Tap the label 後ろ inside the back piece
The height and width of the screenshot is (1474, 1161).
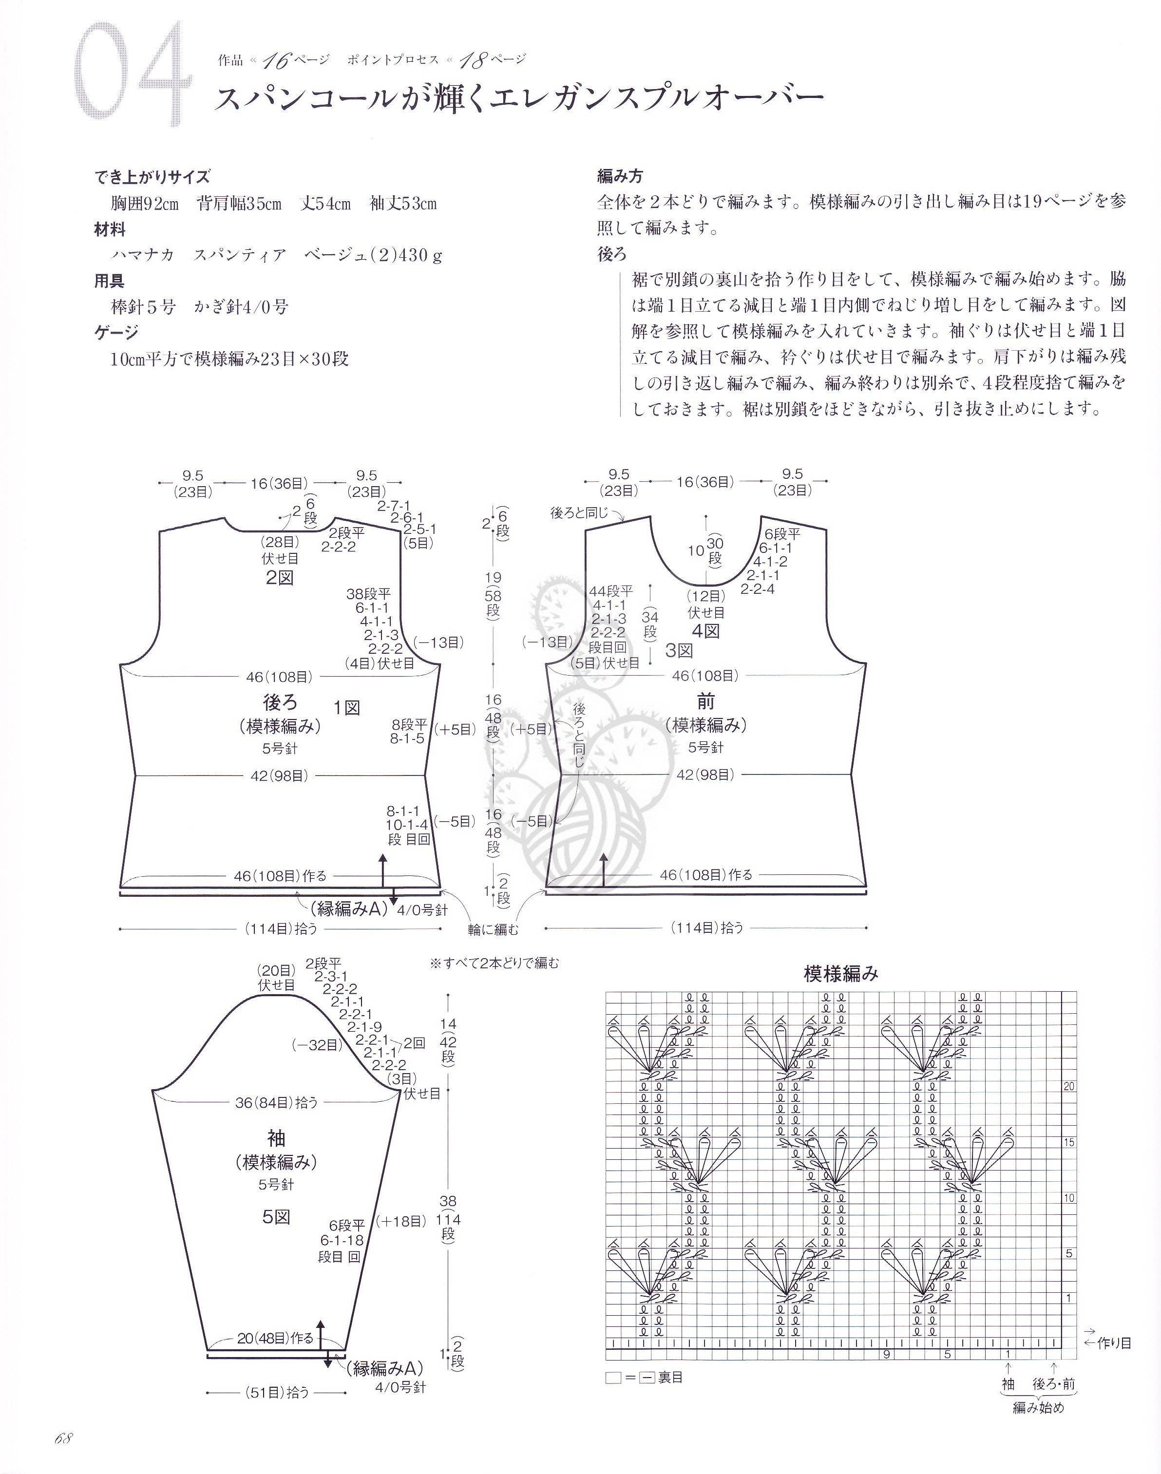click(280, 701)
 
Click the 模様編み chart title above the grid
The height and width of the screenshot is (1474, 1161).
click(841, 974)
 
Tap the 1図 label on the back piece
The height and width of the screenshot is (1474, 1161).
click(347, 707)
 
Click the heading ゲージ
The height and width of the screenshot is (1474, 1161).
click(116, 332)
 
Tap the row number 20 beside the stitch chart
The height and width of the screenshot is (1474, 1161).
click(1069, 1087)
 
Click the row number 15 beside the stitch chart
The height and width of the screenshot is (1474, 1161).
click(1069, 1142)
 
